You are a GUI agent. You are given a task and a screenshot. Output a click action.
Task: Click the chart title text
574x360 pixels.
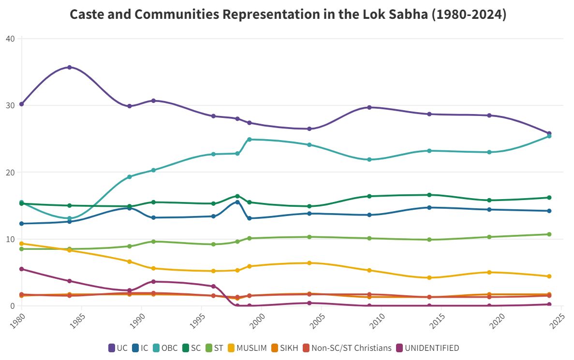[x=288, y=14]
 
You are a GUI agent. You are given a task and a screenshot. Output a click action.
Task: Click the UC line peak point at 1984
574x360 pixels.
[x=70, y=67]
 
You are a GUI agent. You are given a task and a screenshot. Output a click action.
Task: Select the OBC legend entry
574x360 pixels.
[x=165, y=348]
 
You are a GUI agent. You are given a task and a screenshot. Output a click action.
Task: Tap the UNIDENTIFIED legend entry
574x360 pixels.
[x=427, y=348]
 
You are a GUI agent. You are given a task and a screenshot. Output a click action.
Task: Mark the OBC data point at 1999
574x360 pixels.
[x=250, y=139]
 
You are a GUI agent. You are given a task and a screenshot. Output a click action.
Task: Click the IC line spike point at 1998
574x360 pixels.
[x=237, y=202]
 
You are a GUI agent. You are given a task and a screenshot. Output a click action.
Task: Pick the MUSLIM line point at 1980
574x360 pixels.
[x=22, y=244]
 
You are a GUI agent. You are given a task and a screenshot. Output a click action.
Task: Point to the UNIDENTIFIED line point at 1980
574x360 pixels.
[x=22, y=269]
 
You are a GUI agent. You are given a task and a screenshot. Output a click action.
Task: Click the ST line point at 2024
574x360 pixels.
[x=549, y=234]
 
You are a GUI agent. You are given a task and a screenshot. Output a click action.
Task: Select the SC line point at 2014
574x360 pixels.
[x=429, y=195]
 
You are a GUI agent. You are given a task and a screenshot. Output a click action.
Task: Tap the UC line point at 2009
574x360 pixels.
[x=369, y=108]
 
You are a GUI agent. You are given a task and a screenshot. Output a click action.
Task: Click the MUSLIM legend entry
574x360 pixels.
[x=247, y=348]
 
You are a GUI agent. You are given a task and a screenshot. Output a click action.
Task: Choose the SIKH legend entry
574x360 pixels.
[x=284, y=348]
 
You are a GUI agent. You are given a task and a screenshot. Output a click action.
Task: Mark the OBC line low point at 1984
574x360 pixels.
[x=70, y=218]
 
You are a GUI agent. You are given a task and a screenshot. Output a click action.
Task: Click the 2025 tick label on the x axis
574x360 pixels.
[x=558, y=322]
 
